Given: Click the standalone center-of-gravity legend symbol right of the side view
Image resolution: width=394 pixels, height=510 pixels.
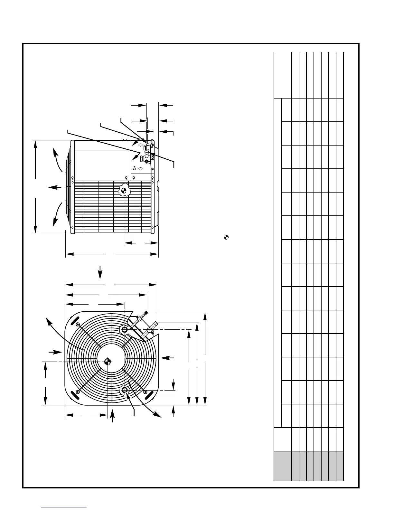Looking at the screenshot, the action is click(x=226, y=238).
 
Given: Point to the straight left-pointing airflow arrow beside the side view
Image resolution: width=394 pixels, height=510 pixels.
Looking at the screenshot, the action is click(x=54, y=187).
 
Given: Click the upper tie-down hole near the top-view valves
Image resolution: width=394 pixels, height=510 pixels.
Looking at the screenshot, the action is click(x=125, y=329).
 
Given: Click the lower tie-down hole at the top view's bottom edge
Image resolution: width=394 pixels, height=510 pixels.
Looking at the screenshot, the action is click(x=125, y=390).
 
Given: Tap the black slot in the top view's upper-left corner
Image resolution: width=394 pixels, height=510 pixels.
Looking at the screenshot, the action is click(x=74, y=321).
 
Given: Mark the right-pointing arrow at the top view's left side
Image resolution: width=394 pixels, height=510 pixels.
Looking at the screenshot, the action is click(x=55, y=352).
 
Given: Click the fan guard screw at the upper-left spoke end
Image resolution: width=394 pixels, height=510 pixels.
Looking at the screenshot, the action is click(x=78, y=325).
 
